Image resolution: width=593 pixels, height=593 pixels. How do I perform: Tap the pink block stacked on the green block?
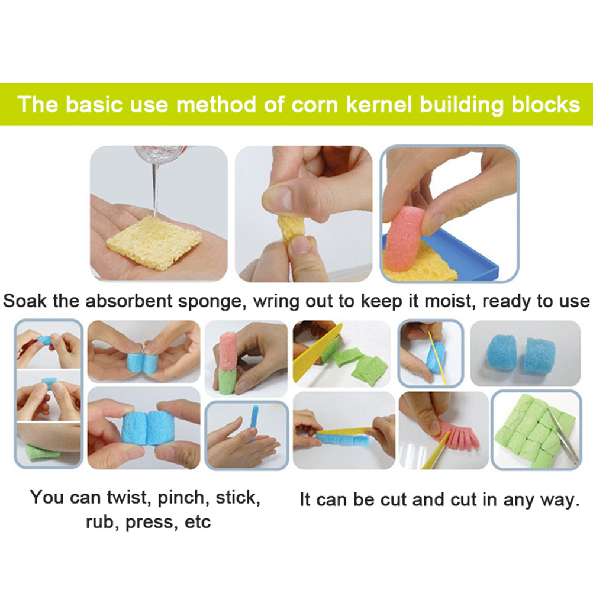click(x=227, y=350)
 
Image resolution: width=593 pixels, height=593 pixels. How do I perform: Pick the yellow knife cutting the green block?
click(x=317, y=353)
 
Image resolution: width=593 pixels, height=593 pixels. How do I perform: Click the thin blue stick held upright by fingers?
click(x=254, y=422)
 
